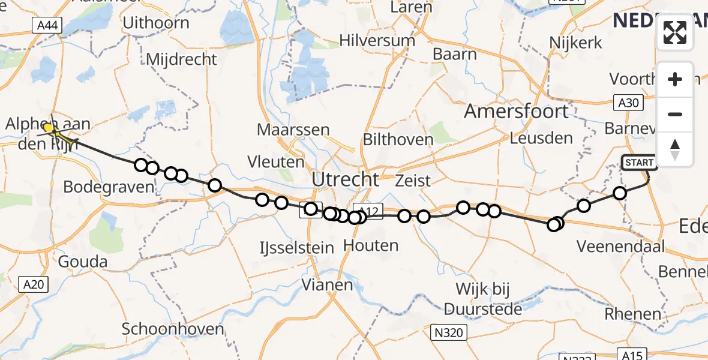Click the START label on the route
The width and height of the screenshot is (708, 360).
pyautogui.click(x=639, y=163)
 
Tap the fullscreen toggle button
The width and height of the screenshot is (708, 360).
pyautogui.click(x=675, y=32)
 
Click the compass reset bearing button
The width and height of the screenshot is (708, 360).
pyautogui.click(x=675, y=149)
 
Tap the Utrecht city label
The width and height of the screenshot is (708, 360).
pyautogui.click(x=345, y=179)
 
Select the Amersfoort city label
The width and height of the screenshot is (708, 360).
pyautogui.click(x=516, y=112)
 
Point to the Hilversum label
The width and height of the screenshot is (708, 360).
pyautogui.click(x=377, y=41)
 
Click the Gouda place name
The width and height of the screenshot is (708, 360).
pyautogui.click(x=83, y=262)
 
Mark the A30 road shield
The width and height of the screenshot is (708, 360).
pyautogui.click(x=628, y=103)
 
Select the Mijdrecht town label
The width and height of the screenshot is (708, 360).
pyautogui.click(x=181, y=59)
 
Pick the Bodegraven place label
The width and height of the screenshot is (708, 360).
pyautogui.click(x=109, y=187)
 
